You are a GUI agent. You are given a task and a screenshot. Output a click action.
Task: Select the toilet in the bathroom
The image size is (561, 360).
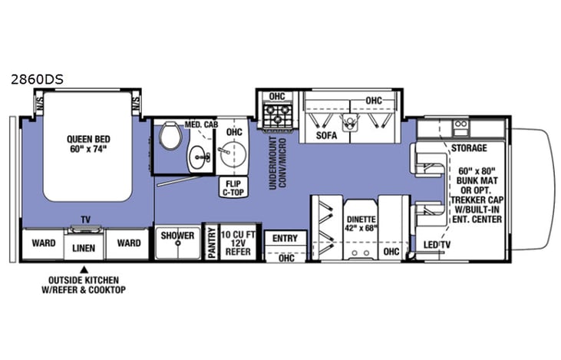click(x=169, y=138)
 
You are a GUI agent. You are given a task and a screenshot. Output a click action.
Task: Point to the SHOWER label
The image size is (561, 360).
click(x=177, y=236)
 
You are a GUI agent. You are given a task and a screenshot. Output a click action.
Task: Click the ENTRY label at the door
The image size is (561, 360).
click(x=285, y=239)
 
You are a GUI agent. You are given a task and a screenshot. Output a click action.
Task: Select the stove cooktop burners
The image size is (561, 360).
click(x=276, y=116)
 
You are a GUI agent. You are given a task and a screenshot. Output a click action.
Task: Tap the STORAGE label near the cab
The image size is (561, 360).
click(x=469, y=147)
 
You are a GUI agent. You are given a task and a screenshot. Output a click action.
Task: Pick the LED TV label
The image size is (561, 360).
click(x=437, y=244)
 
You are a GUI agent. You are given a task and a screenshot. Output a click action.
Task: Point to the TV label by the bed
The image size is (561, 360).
click(x=86, y=220)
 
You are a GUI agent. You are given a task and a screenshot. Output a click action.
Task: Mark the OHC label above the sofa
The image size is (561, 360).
click(x=374, y=101)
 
